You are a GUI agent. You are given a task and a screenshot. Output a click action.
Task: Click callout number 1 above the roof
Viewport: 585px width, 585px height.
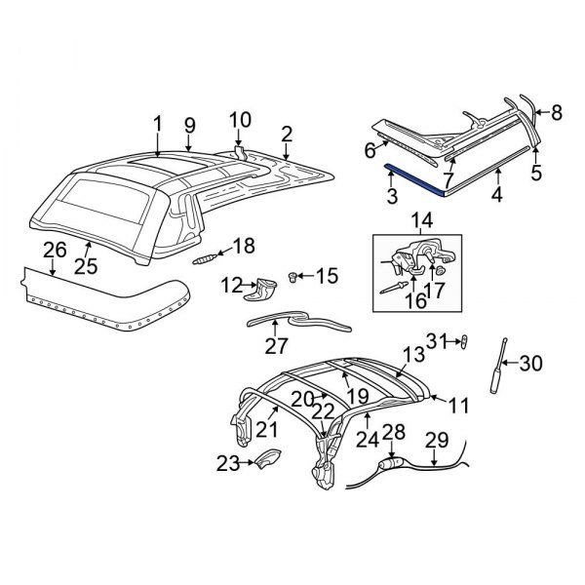157,124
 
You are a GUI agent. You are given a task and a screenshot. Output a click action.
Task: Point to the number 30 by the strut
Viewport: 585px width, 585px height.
529,364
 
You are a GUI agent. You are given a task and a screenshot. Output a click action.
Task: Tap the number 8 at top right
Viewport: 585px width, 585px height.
557,112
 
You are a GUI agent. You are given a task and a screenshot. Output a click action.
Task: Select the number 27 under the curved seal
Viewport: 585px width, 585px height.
277,346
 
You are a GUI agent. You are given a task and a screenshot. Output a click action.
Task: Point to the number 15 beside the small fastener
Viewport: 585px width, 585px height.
326,278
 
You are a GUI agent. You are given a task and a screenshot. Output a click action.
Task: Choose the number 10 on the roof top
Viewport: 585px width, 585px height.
240,122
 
